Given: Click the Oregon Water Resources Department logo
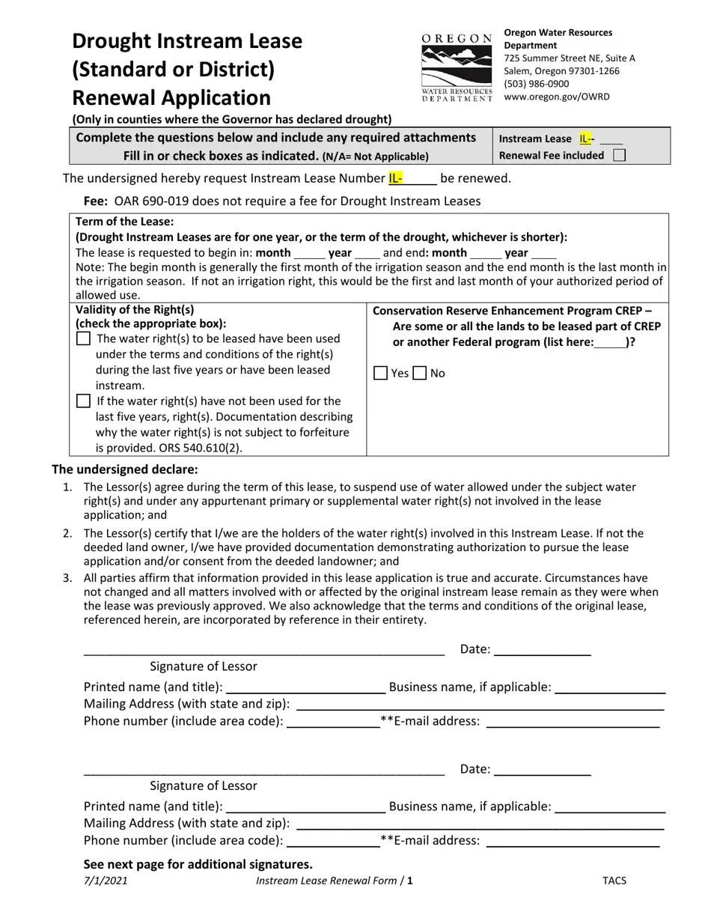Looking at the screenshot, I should coord(457,68).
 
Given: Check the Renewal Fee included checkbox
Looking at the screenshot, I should coord(619,156).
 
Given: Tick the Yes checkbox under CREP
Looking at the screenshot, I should coord(380,373).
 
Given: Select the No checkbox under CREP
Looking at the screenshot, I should coord(419,373).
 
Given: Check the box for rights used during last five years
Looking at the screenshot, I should coord(83,338).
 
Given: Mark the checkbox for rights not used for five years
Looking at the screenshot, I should coord(83,401).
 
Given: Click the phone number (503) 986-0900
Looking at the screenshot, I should coord(536,84).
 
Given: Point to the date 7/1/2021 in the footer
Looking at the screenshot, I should coord(106,881).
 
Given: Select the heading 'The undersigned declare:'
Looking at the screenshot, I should coord(124,469).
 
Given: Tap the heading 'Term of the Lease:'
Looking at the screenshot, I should coord(124,222).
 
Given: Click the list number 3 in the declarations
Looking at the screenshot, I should coord(67,578).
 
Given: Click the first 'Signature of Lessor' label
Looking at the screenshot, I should coord(203,666).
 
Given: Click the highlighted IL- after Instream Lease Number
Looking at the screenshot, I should coord(395,178).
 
